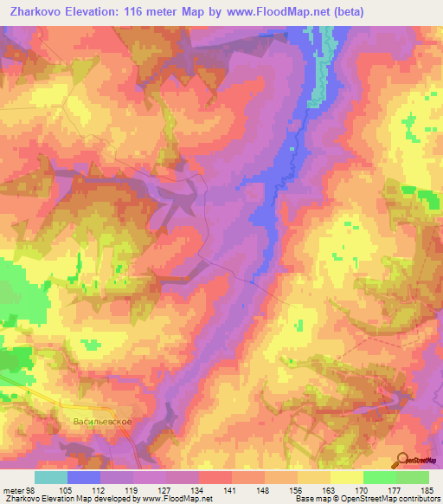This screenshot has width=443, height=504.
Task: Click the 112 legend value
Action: [x=100, y=488]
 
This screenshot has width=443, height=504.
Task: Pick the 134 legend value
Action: [x=199, y=488]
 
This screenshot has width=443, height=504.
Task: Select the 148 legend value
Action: [x=264, y=488]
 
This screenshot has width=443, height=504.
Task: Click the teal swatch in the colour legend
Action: [x=51, y=477]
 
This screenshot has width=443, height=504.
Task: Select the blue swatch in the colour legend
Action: [x=84, y=477]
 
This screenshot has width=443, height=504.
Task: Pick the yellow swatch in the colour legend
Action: [x=346, y=477]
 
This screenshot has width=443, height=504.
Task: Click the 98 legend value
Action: [x=33, y=488]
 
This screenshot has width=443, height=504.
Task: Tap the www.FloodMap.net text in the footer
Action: [x=176, y=499]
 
